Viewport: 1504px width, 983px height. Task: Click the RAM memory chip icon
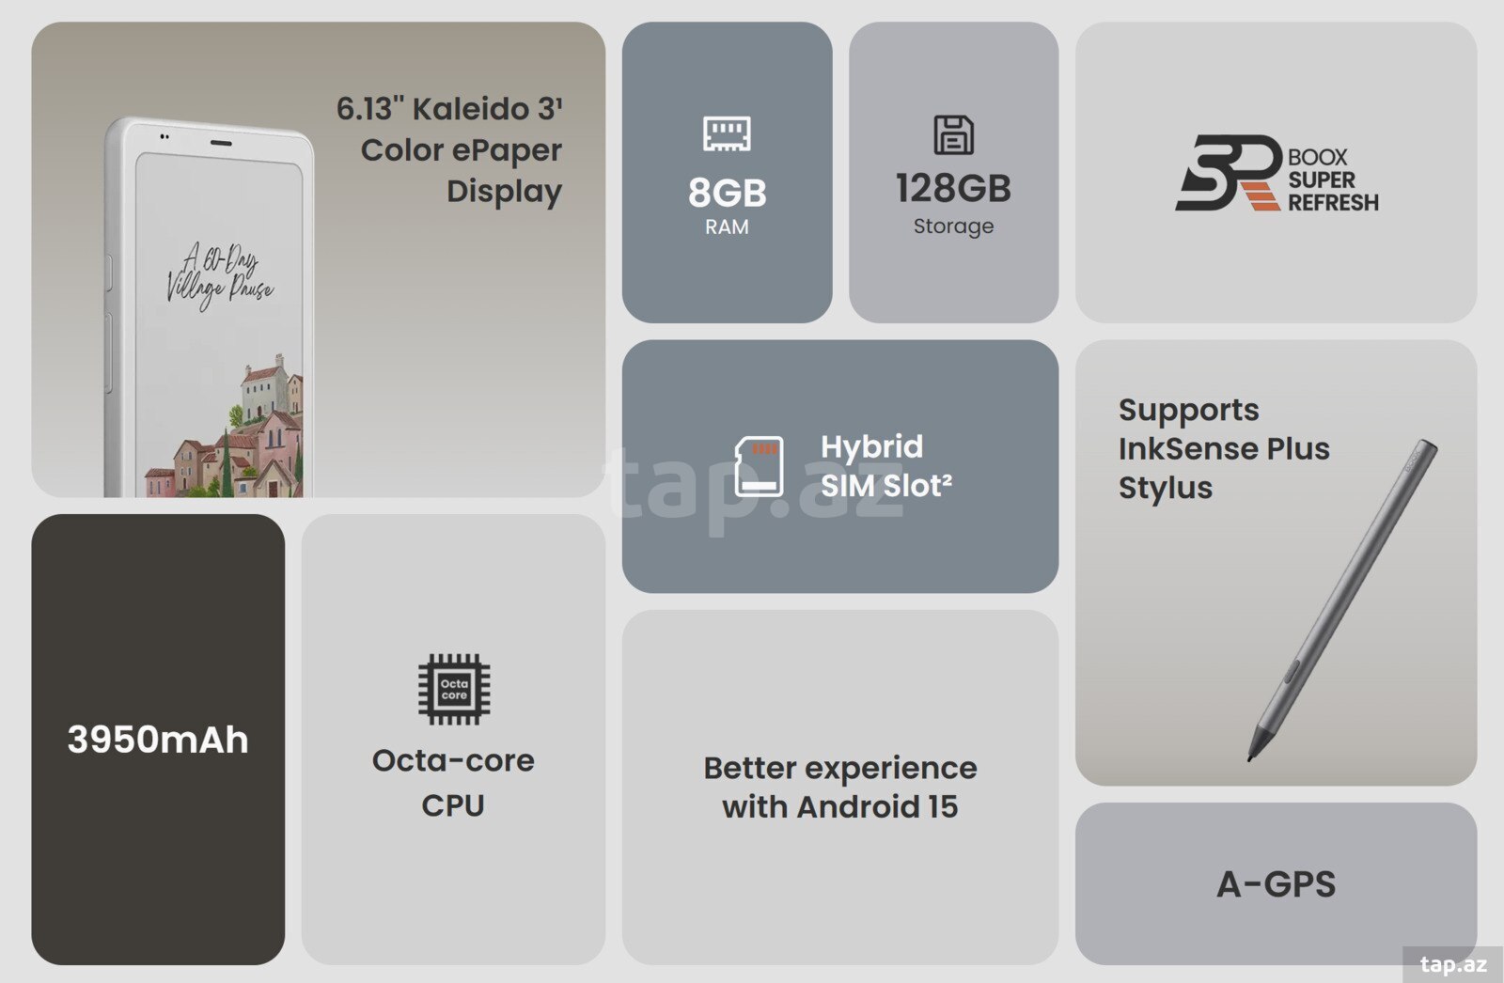coord(727,133)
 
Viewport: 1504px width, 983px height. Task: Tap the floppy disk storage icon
coord(953,134)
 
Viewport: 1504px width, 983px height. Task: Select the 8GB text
coord(728,193)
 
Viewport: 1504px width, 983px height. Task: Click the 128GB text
coord(953,188)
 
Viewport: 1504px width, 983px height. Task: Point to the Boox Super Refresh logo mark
coord(1228,173)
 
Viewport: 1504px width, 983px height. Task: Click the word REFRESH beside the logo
coord(1334,202)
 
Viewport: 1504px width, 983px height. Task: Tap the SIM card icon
coord(759,467)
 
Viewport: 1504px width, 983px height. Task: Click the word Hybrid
coord(871,447)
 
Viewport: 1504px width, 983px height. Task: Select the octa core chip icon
coord(454,690)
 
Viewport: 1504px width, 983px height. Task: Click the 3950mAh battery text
coord(158,740)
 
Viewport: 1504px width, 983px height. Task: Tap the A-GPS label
coord(1277,884)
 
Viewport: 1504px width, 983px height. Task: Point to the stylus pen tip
coord(1250,758)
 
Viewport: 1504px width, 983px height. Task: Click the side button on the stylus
coord(1290,671)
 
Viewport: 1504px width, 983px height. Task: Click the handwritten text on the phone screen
coord(220,276)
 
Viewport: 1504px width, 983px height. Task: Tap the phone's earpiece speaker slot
coord(221,143)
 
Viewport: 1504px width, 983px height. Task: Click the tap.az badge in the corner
coord(1453,964)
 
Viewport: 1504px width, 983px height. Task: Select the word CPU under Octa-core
coord(453,805)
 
